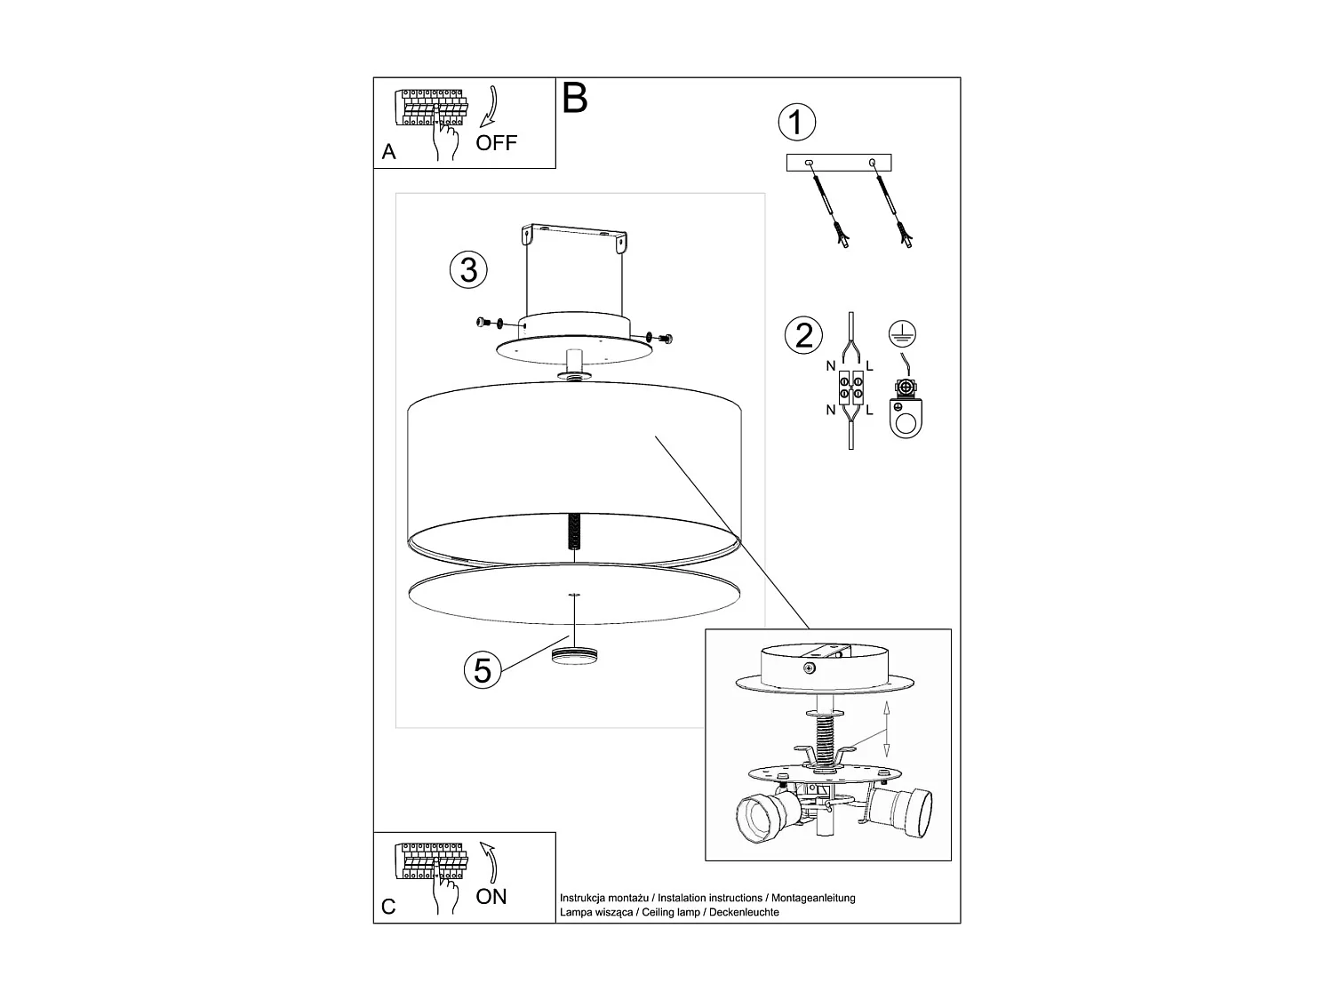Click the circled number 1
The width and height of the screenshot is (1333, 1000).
click(796, 123)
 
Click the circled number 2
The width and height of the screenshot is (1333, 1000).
click(803, 335)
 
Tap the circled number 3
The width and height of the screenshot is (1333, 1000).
click(468, 268)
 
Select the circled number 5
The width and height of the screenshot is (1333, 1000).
click(482, 669)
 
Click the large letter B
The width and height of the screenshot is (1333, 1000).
click(575, 99)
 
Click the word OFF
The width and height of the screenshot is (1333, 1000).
click(496, 143)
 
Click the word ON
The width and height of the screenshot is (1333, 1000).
click(491, 897)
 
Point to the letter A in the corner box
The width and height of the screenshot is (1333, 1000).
click(388, 153)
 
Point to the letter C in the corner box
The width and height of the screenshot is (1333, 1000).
click(388, 908)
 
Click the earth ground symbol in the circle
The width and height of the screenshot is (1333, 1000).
click(903, 335)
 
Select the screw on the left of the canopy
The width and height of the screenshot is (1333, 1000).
click(485, 322)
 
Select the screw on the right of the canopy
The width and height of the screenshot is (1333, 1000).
click(665, 337)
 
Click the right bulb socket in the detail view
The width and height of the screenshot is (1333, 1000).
click(902, 811)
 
